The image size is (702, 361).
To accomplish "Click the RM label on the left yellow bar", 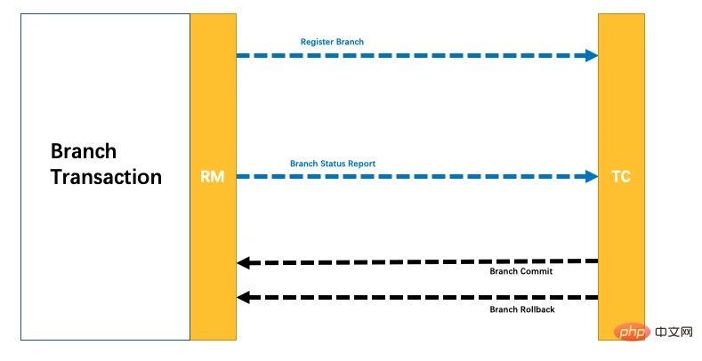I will (x=213, y=177).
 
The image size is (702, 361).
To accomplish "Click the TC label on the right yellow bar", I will (x=620, y=177).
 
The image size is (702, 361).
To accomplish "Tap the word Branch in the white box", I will (x=84, y=150).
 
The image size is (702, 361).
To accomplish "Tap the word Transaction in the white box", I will (x=106, y=177).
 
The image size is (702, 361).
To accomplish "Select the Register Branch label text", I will (x=332, y=42).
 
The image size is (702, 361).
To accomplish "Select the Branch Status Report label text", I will (x=333, y=164).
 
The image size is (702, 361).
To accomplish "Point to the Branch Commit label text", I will (x=521, y=270).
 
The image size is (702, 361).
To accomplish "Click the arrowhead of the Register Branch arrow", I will (x=591, y=55).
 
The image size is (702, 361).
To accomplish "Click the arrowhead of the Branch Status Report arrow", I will (x=591, y=176).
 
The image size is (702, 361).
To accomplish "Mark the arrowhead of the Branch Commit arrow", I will (x=244, y=262).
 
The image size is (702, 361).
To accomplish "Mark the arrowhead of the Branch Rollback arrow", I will (x=244, y=298).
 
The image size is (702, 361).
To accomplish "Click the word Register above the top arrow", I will (x=317, y=42).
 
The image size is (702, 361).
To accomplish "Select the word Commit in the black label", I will (x=537, y=270).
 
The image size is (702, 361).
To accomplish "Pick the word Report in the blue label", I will (x=361, y=164).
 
